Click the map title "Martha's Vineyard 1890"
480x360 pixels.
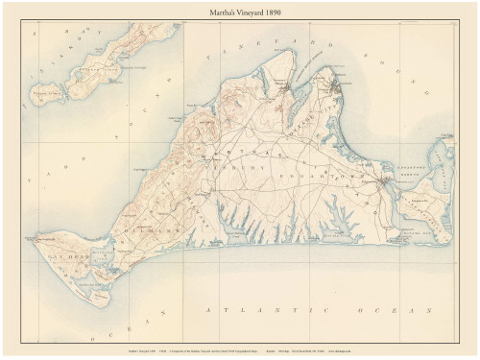tap(240, 11)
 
